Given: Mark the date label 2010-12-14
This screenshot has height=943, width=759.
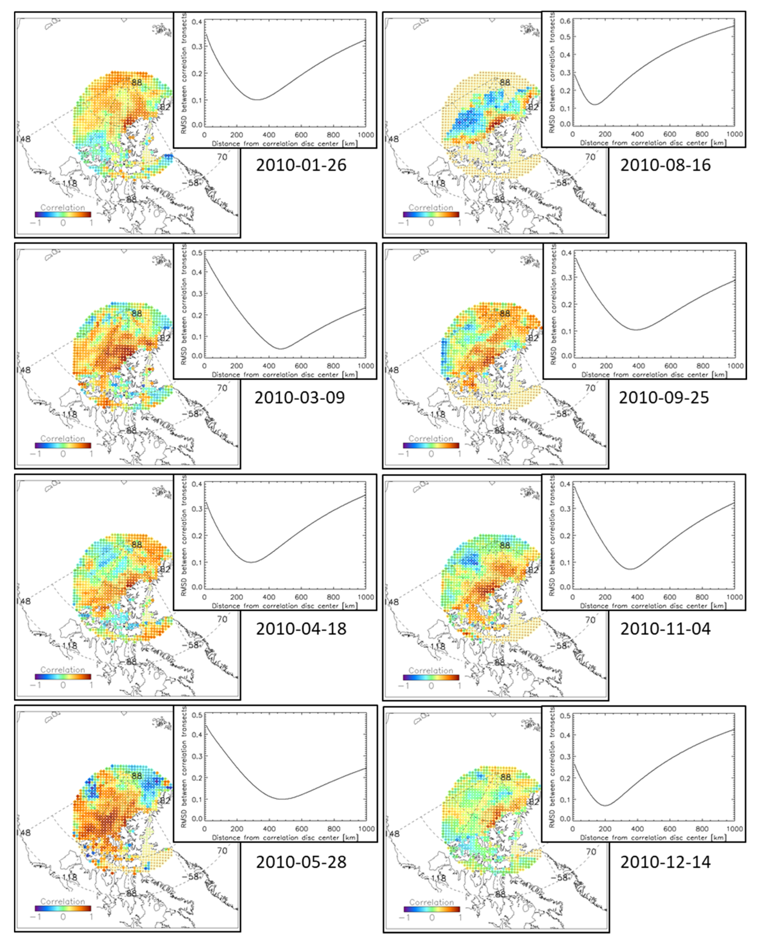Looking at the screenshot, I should (x=665, y=862).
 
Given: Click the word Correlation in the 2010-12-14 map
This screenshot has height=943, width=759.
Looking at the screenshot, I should (x=431, y=902).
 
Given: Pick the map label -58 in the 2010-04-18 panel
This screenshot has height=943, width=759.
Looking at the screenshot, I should (x=192, y=645).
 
